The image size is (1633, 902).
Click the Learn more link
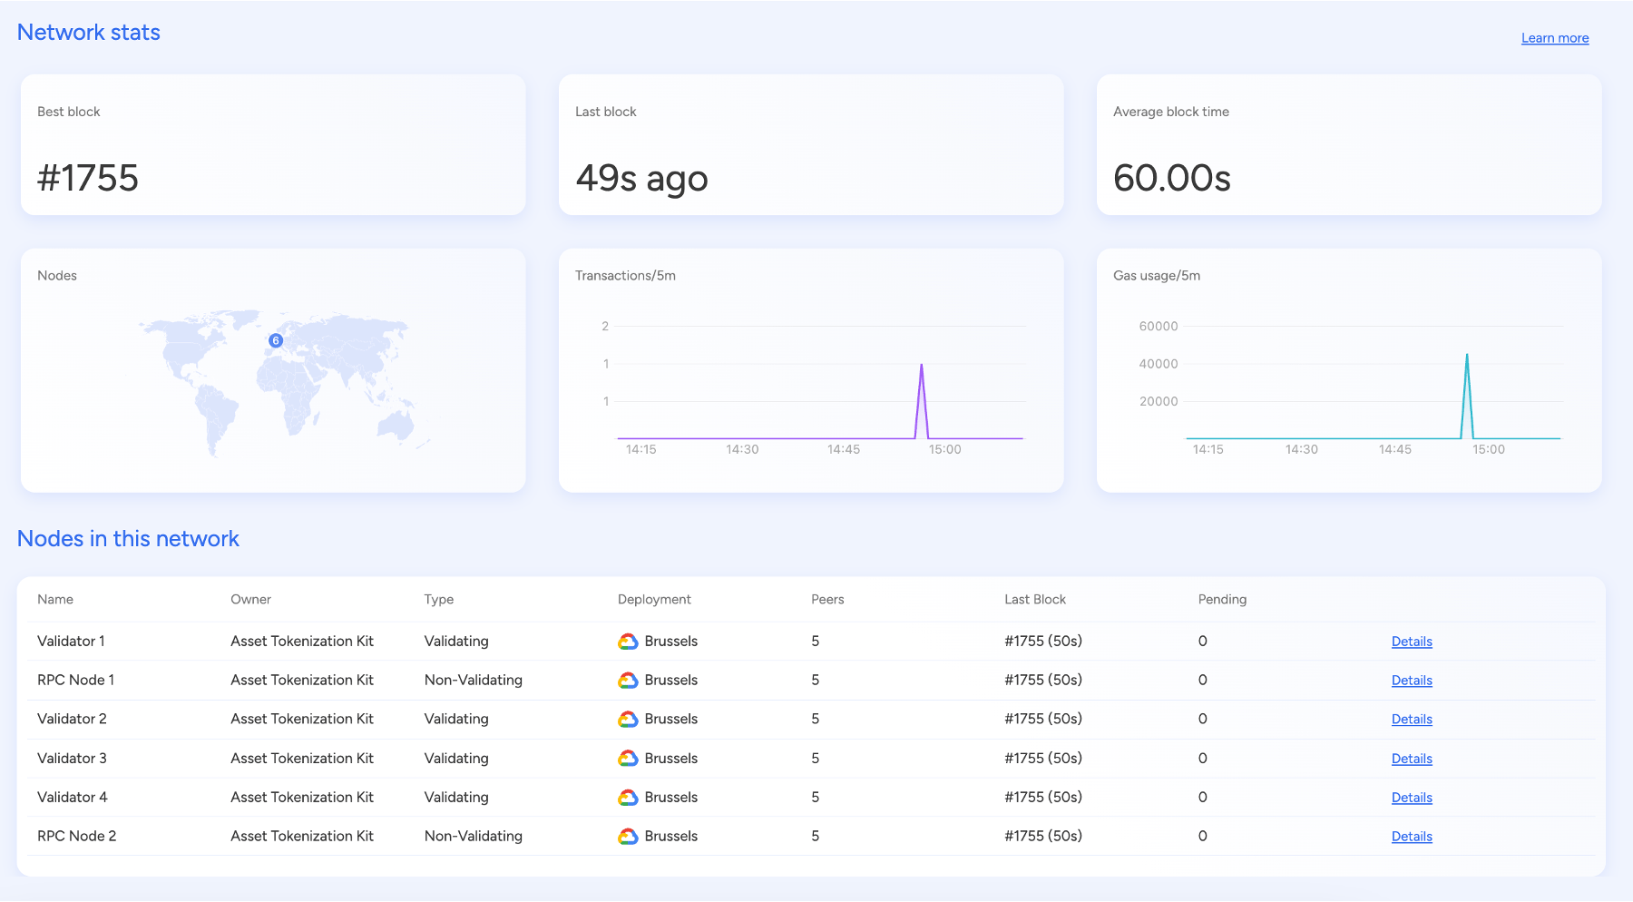pyautogui.click(x=1554, y=38)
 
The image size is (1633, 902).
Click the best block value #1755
pyautogui.click(x=88, y=178)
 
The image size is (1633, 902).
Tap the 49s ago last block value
pyautogui.click(x=641, y=178)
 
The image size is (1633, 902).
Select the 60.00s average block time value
pyautogui.click(x=1171, y=178)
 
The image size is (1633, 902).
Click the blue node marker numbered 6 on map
pyautogui.click(x=276, y=340)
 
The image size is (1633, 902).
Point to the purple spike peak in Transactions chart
pyautogui.click(x=922, y=365)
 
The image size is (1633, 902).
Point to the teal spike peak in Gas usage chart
pyautogui.click(x=1467, y=355)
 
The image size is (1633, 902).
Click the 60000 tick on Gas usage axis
pyautogui.click(x=1158, y=326)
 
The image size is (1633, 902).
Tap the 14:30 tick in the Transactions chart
pyautogui.click(x=742, y=449)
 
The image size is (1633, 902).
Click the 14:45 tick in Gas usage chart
pyautogui.click(x=1394, y=449)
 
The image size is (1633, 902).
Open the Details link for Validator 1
pyautogui.click(x=1412, y=642)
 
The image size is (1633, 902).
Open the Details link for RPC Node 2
pyautogui.click(x=1412, y=837)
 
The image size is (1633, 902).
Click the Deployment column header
pyautogui.click(x=654, y=599)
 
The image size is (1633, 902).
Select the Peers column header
pyautogui.click(x=826, y=599)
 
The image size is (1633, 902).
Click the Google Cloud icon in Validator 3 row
pyautogui.click(x=628, y=758)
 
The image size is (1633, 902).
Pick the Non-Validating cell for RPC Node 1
pyautogui.click(x=473, y=680)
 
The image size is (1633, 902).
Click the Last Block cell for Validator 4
pyautogui.click(x=1043, y=797)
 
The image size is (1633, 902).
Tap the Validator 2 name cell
pyautogui.click(x=72, y=719)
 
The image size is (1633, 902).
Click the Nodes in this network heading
pyautogui.click(x=128, y=538)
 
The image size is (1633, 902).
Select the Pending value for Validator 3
pyautogui.click(x=1202, y=758)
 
